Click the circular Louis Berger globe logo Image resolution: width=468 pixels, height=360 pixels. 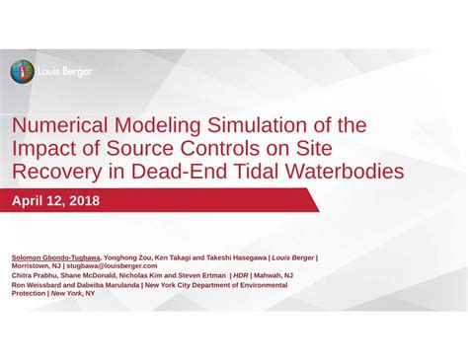tap(22, 71)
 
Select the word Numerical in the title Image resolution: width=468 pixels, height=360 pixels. tap(60, 127)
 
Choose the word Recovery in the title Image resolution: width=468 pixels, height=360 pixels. tap(55, 172)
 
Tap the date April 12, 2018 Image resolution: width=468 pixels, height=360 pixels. tap(55, 201)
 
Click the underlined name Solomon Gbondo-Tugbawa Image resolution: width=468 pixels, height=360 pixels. tap(55, 256)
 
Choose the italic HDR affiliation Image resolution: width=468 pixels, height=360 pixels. tap(240, 275)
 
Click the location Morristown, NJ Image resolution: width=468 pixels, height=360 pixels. tap(35, 266)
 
